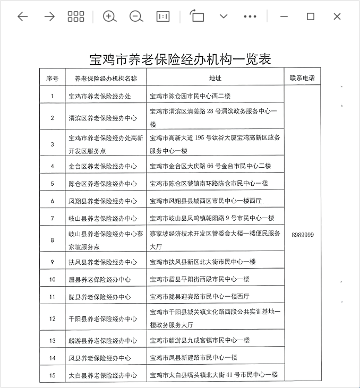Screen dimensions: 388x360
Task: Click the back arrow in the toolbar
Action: pos(22,16)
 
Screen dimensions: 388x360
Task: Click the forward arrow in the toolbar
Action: pos(49,16)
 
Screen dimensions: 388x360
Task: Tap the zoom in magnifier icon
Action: pos(109,16)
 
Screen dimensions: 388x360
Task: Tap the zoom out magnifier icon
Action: pos(136,16)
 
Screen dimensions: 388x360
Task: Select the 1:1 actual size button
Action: pos(163,16)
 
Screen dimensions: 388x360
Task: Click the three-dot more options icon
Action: pos(250,16)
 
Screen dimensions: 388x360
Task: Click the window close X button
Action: pos(337,16)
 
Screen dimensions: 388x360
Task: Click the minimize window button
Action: pos(284,16)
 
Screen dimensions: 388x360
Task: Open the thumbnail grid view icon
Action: pos(76,16)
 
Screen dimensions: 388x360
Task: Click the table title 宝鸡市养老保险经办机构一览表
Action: pos(180,59)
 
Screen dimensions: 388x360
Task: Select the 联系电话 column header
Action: pos(302,78)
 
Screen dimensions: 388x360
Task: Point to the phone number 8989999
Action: pos(302,234)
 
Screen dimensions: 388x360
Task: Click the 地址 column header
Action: pos(215,78)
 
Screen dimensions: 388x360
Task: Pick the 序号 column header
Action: pos(52,78)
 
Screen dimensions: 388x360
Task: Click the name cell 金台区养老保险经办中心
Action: pos(103,166)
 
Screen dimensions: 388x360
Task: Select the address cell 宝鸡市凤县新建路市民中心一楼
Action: pos(193,358)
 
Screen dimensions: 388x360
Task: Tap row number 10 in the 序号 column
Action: pos(52,279)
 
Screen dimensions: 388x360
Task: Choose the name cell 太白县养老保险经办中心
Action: pos(103,375)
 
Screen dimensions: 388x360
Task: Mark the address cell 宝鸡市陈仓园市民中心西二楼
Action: pos(190,96)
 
